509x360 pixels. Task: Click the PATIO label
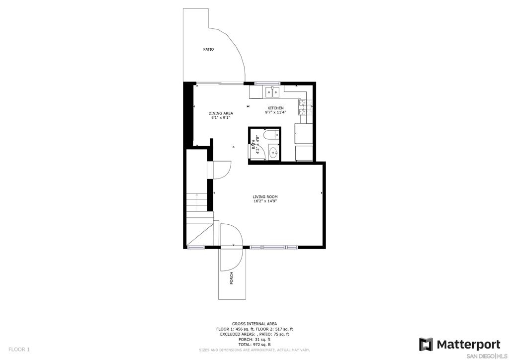point(208,49)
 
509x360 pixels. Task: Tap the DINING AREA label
point(221,113)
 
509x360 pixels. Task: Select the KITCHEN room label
point(275,108)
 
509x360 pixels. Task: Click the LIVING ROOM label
point(265,197)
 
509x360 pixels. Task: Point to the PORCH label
point(232,278)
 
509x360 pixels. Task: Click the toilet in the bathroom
point(271,134)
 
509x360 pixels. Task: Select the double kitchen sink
point(272,92)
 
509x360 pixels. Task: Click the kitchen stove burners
point(303,107)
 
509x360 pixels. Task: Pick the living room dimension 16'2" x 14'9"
point(265,201)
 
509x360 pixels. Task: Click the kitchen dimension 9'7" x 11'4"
point(275,113)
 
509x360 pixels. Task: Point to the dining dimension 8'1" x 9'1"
point(221,118)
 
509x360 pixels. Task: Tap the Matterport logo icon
point(426,345)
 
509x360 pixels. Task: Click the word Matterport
point(468,344)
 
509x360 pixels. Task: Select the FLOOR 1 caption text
point(19,350)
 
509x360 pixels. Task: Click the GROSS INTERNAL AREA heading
point(254,324)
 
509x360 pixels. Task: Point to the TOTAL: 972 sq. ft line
point(254,345)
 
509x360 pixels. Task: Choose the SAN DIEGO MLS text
point(484,355)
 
